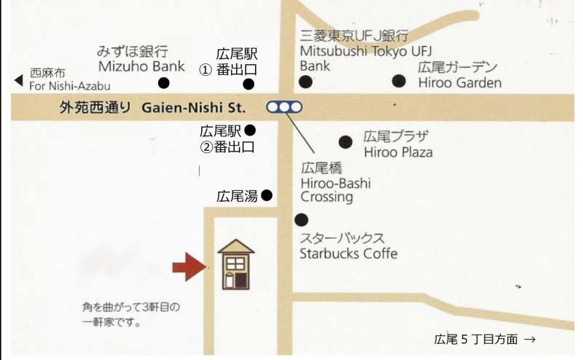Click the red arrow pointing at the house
point(189,266)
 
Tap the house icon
point(236,265)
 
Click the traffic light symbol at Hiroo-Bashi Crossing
point(284,107)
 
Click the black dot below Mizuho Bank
point(164,83)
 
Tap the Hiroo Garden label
point(460,74)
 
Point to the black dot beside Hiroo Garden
point(399,81)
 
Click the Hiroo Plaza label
point(398,144)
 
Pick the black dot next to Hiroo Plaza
point(346,141)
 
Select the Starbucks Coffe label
point(348,246)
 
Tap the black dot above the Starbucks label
point(301,219)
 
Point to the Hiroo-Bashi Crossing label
point(335,182)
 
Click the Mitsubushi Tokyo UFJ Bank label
point(355,50)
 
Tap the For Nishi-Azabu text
point(69,86)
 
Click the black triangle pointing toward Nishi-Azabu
point(18,79)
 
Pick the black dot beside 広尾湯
point(267,195)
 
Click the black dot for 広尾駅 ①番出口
point(249,84)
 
